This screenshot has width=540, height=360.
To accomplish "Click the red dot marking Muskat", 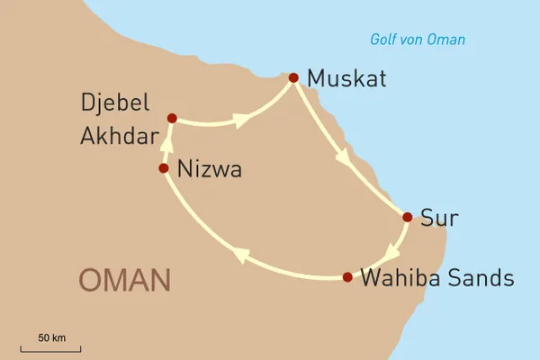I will pyautogui.click(x=293, y=77).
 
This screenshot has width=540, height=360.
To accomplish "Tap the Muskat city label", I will pyautogui.click(x=346, y=79).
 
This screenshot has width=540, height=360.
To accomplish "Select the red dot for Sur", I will pyautogui.click(x=408, y=217).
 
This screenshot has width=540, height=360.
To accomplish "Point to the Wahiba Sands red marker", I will pyautogui.click(x=347, y=276).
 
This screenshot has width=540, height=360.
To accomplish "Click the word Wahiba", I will pyautogui.click(x=400, y=278).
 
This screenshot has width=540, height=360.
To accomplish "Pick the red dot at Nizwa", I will pyautogui.click(x=163, y=168).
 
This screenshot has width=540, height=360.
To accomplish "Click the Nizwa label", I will pyautogui.click(x=210, y=169).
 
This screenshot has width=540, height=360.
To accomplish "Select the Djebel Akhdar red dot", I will pyautogui.click(x=172, y=117).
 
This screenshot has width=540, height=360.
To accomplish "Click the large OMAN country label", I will pyautogui.click(x=124, y=280).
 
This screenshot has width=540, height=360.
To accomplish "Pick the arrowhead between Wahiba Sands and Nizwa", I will pyautogui.click(x=241, y=256).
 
